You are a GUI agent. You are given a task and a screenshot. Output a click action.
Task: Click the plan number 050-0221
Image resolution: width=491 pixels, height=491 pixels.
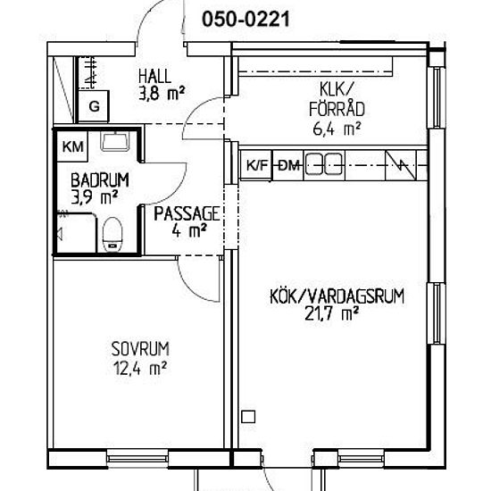click(x=245, y=19)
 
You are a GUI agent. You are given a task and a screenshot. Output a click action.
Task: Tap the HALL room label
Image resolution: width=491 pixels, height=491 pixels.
click(x=155, y=76)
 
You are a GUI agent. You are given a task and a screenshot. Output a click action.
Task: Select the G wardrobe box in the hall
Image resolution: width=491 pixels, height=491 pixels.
click(x=94, y=106)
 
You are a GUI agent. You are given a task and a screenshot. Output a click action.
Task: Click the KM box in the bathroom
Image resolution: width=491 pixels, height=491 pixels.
click(x=72, y=146)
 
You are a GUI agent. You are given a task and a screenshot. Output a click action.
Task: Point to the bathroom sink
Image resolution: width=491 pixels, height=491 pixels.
click(x=115, y=141)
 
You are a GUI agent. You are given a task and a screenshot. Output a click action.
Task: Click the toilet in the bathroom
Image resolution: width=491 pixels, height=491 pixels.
click(x=112, y=235)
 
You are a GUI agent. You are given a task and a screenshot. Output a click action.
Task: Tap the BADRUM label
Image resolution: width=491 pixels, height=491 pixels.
click(x=100, y=180)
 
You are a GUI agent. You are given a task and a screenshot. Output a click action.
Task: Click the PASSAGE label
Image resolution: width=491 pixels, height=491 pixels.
click(x=187, y=213)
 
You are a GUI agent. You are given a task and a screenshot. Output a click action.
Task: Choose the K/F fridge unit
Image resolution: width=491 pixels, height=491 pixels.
click(x=256, y=165)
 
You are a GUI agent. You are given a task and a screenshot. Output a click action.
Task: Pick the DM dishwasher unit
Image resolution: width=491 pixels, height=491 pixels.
click(x=288, y=165)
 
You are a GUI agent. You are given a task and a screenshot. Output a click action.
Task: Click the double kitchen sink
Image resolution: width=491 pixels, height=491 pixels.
click(x=323, y=163)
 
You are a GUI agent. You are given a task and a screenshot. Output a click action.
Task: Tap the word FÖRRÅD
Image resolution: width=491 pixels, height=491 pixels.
click(x=337, y=109)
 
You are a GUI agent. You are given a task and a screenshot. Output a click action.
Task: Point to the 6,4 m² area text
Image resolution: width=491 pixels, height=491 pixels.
click(x=337, y=129)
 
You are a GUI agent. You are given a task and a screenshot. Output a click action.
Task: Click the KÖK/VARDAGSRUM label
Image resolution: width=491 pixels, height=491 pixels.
click(x=337, y=295)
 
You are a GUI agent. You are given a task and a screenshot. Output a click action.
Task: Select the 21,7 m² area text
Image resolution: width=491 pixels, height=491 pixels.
click(x=331, y=314)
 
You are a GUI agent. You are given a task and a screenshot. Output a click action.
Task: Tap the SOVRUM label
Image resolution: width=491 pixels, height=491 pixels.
click(x=140, y=349)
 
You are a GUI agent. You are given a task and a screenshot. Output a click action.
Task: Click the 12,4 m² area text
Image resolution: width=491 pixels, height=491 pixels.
click(x=139, y=368)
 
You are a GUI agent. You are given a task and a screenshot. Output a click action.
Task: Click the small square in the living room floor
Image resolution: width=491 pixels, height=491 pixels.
click(x=248, y=417)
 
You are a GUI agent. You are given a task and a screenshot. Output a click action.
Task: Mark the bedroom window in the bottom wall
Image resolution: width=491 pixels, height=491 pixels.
click(x=137, y=459)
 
